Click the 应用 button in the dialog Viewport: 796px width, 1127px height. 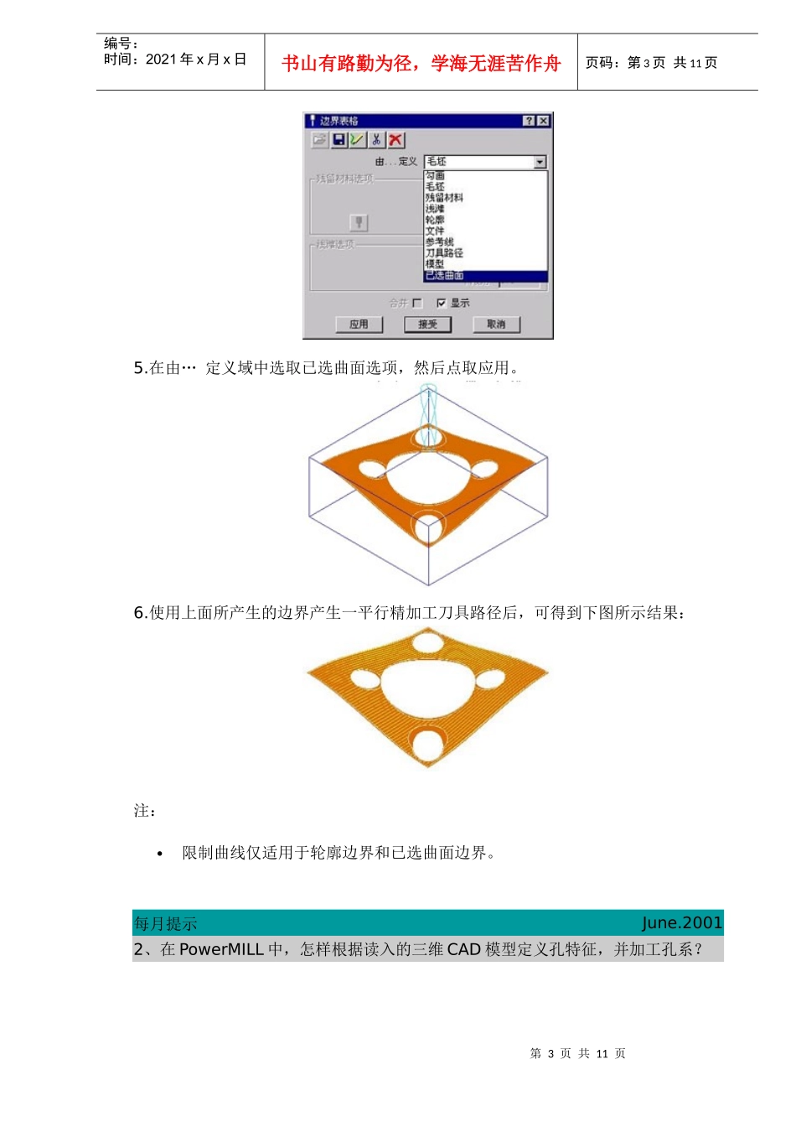pyautogui.click(x=359, y=325)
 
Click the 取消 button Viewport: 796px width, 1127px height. pyautogui.click(x=496, y=325)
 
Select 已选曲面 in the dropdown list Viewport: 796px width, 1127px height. pyautogui.click(x=444, y=275)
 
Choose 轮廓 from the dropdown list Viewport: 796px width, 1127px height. pyautogui.click(x=435, y=220)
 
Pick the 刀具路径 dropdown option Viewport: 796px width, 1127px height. pyautogui.click(x=444, y=252)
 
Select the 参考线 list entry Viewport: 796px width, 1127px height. pyautogui.click(x=439, y=241)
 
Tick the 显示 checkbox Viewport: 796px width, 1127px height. pyautogui.click(x=442, y=303)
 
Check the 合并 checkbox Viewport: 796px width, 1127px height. pyautogui.click(x=417, y=303)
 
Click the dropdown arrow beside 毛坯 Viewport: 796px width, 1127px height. pyautogui.click(x=540, y=162)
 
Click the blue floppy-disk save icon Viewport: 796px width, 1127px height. pyautogui.click(x=339, y=140)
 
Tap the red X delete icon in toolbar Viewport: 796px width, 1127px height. pyautogui.click(x=395, y=140)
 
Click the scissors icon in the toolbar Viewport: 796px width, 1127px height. pyautogui.click(x=377, y=140)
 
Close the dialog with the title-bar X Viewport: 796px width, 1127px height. pyautogui.click(x=543, y=121)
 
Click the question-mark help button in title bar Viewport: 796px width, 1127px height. pyautogui.click(x=529, y=121)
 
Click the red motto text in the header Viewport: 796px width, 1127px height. pyautogui.click(x=421, y=63)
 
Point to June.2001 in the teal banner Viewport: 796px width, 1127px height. pyautogui.click(x=681, y=922)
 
